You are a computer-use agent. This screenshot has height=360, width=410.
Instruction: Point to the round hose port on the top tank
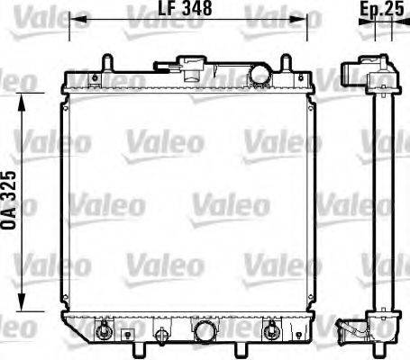point(260,74)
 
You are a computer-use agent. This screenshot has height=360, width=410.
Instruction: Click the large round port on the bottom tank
point(205,332)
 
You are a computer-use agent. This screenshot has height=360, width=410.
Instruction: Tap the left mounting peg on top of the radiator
point(107,64)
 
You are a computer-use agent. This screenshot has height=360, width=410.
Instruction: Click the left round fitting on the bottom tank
point(106,331)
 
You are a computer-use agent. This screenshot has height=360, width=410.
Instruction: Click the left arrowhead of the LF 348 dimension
point(75,19)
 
